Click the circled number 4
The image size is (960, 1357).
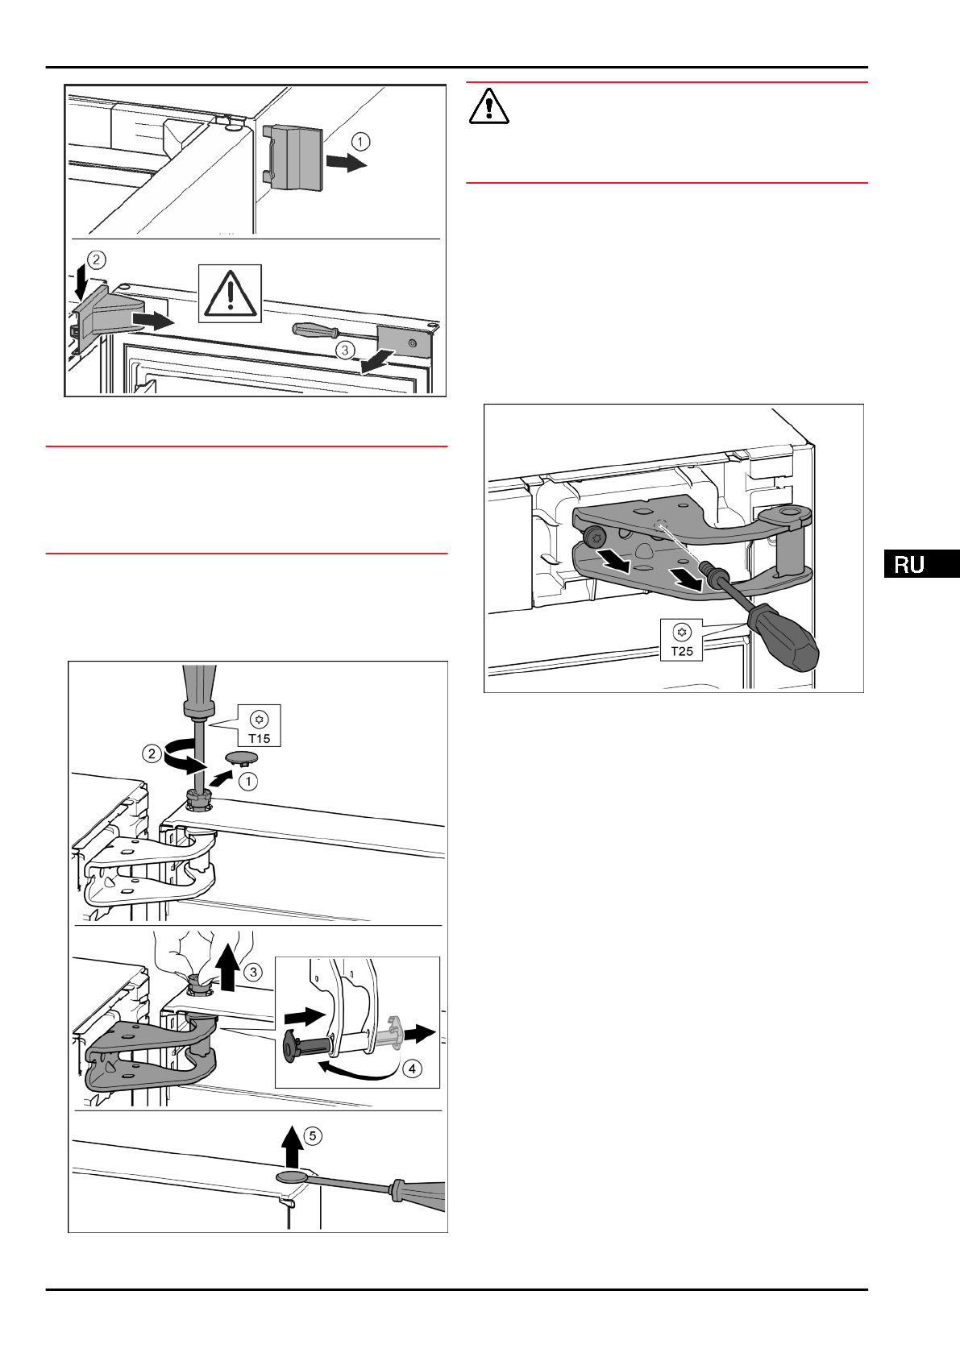point(412,1069)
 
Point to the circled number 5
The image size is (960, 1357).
point(312,1136)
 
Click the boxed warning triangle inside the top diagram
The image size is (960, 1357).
point(231,293)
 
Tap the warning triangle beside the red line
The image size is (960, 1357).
point(488,106)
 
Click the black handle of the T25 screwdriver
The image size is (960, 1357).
point(786,637)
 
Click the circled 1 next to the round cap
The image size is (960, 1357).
point(248,781)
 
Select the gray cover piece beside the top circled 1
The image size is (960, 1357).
point(293,157)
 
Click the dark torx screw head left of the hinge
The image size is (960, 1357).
point(596,535)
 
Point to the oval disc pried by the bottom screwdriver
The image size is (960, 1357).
point(293,1177)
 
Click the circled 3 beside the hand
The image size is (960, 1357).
point(253,973)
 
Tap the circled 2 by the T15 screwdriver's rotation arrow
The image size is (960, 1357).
point(152,754)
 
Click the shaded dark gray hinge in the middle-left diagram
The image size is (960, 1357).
point(145,1056)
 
